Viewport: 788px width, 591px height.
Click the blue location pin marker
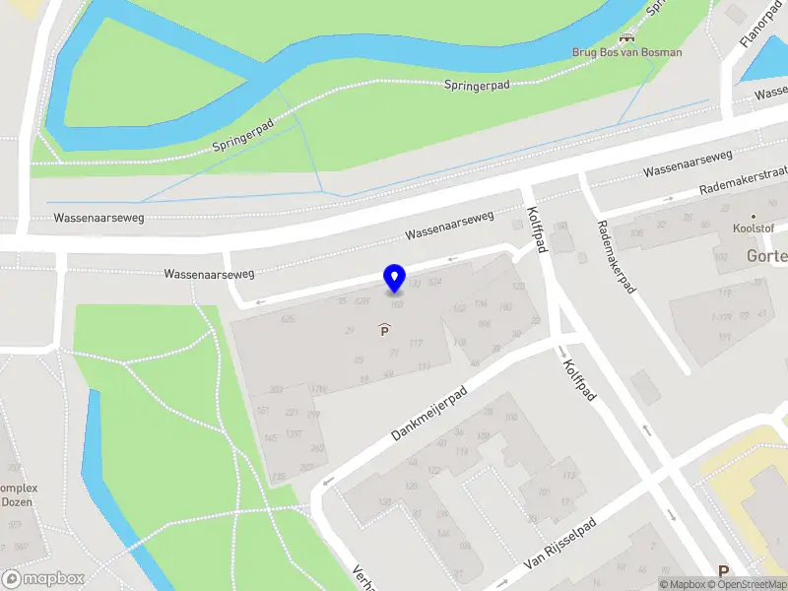pos(394,278)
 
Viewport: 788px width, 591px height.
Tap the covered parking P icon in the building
pos(384,331)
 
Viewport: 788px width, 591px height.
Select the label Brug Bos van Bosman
pos(626,52)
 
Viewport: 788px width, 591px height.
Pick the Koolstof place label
pos(754,229)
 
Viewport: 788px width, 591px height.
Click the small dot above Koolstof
pos(754,216)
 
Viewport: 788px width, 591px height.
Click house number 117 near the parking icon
pos(416,343)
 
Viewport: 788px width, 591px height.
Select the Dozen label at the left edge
pos(17,501)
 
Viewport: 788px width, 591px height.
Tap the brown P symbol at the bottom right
pos(724,571)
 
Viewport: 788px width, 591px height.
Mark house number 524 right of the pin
pos(435,283)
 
